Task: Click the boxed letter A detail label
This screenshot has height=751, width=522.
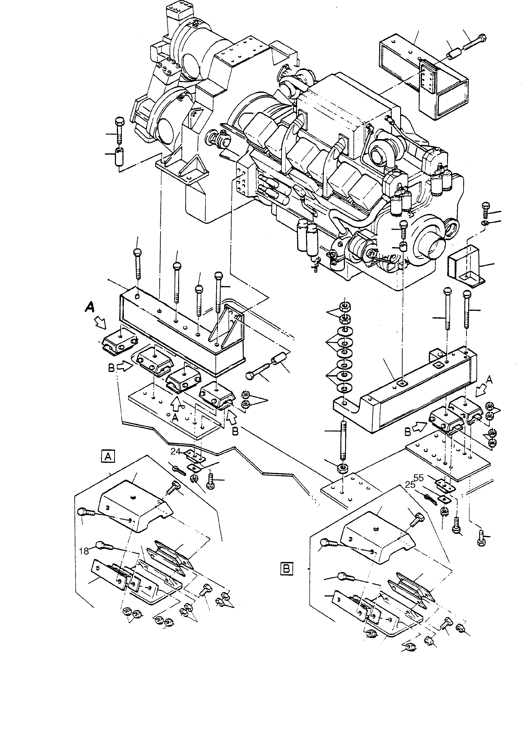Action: (108, 456)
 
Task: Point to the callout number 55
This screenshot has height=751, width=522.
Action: (418, 478)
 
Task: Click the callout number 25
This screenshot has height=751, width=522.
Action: (410, 485)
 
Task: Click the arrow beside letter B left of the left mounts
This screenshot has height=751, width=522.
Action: (125, 367)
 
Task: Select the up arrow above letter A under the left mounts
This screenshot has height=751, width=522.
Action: (176, 404)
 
